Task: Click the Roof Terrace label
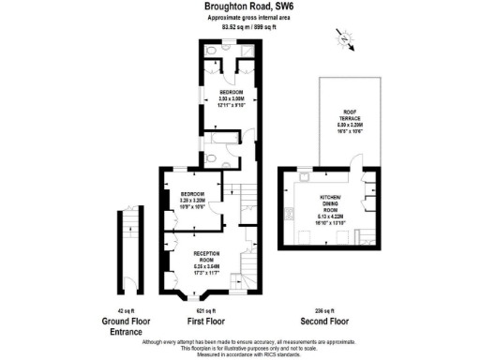[346, 117]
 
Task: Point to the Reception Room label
[211, 259]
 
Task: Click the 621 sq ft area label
[205, 309]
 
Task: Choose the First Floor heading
[205, 319]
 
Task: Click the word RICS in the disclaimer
[267, 354]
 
